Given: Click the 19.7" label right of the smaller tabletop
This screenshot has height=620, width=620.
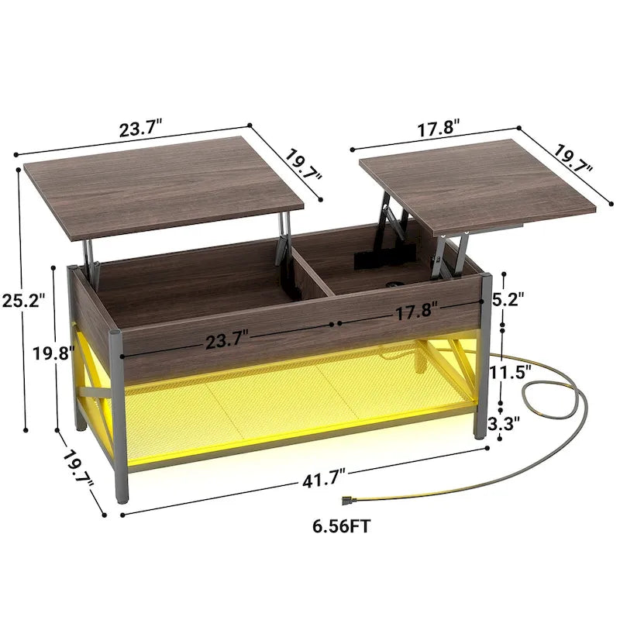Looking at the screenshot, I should [573, 159].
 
